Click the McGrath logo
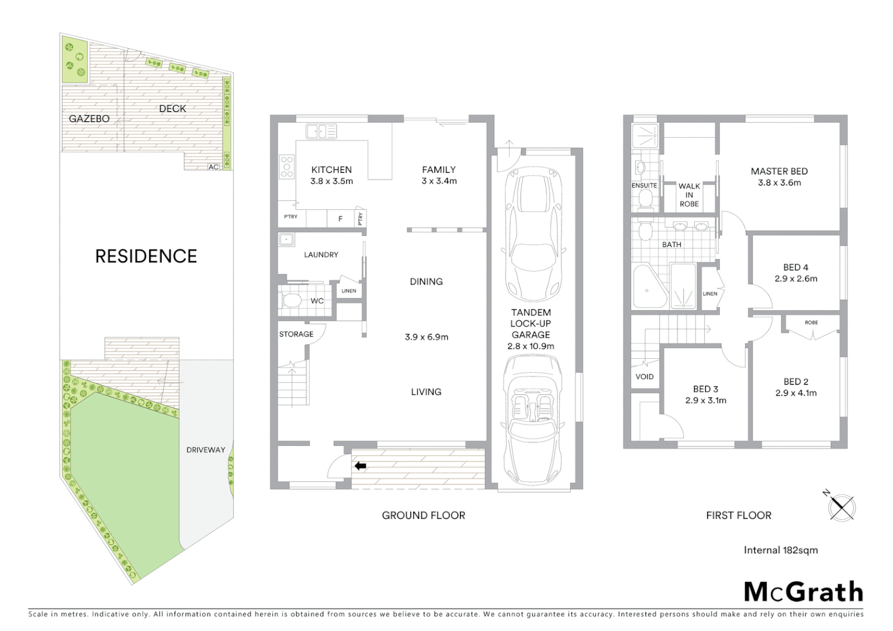point(804,591)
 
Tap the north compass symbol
point(842,507)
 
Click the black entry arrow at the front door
point(360,466)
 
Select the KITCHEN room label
point(331,170)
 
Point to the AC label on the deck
point(213,167)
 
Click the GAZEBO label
point(89,119)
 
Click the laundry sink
point(286,239)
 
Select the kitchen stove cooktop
point(287,167)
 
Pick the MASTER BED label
point(779,171)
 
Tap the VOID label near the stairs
point(645,376)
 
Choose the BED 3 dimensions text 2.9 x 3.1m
point(705,400)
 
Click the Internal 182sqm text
point(780,550)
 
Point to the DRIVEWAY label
point(206,450)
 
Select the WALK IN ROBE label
point(689,195)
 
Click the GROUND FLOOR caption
point(423,515)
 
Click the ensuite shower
point(645,136)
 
